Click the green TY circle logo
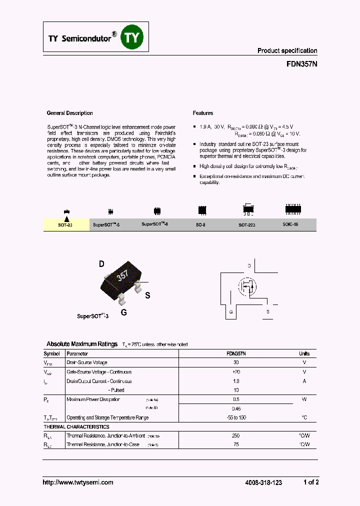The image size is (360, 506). (133, 37)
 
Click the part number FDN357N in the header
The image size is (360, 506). (302, 64)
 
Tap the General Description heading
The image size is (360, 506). (69, 113)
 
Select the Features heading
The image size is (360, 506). (203, 113)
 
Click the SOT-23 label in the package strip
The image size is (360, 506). (65, 225)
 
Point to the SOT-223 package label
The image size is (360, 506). (247, 225)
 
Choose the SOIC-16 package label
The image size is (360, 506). (290, 224)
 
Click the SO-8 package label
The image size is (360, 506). (200, 225)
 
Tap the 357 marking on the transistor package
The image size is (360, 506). (122, 275)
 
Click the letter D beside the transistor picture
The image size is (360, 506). (101, 264)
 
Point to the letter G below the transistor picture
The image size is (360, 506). (123, 312)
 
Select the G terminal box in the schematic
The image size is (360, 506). (231, 311)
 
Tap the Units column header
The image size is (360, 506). (304, 353)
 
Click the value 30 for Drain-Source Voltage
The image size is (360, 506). (236, 362)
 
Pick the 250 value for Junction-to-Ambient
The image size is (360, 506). (236, 436)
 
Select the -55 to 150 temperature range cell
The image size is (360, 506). (236, 417)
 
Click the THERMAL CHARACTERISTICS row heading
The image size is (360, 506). (76, 427)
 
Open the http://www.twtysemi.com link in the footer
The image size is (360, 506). (77, 482)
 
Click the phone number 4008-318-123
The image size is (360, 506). (263, 482)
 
